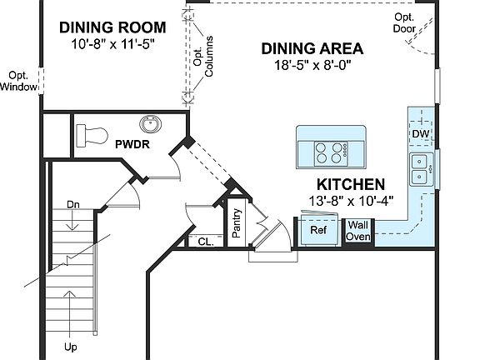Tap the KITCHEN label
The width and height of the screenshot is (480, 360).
pyautogui.click(x=350, y=185)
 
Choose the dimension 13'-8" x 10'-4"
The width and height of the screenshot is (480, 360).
pyautogui.click(x=350, y=200)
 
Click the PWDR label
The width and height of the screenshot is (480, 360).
pyautogui.click(x=132, y=144)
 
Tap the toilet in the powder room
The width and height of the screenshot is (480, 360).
pyautogui.click(x=90, y=134)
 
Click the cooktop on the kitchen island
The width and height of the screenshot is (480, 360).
pyautogui.click(x=331, y=152)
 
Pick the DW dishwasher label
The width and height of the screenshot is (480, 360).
pyautogui.click(x=420, y=134)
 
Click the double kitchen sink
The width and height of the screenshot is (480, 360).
pyautogui.click(x=419, y=169)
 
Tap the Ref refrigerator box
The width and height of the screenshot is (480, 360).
pyautogui.click(x=318, y=230)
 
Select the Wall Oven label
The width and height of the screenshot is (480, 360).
pyautogui.click(x=358, y=230)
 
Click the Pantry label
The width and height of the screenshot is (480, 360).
pyautogui.click(x=237, y=223)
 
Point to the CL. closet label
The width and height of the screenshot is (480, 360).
pyautogui.click(x=206, y=242)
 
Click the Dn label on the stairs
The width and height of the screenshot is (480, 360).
pyautogui.click(x=72, y=204)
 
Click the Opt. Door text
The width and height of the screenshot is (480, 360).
pyautogui.click(x=404, y=23)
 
